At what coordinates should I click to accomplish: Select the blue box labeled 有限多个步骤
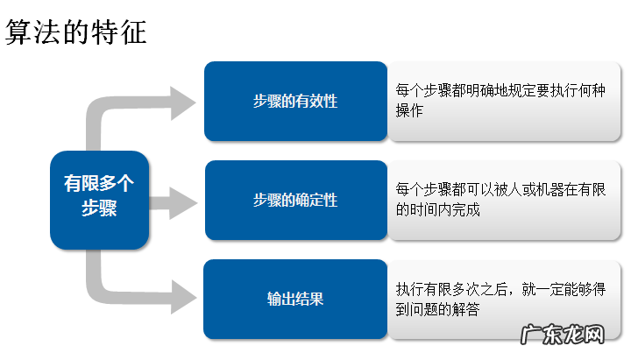[99, 197]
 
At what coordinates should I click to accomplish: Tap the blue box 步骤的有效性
[295, 102]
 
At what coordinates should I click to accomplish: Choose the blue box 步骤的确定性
[295, 201]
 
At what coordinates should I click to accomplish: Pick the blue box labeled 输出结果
[295, 299]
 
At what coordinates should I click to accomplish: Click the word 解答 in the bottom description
[466, 308]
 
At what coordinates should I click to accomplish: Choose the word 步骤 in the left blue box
[99, 209]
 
